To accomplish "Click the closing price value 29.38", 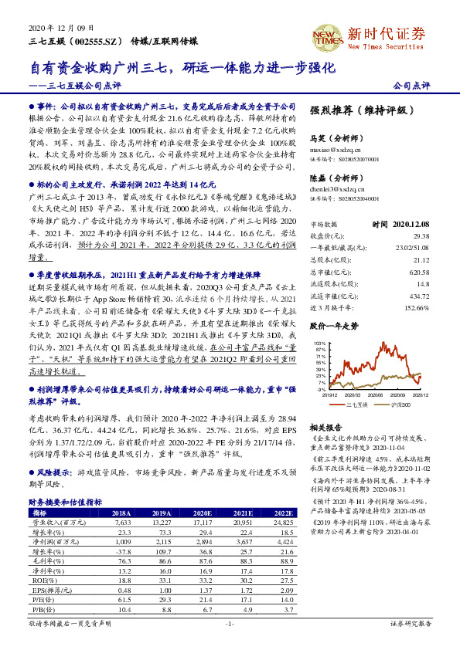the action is click(x=419, y=235).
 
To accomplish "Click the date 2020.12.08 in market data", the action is click(x=411, y=223).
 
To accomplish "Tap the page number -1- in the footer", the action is click(x=230, y=623).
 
